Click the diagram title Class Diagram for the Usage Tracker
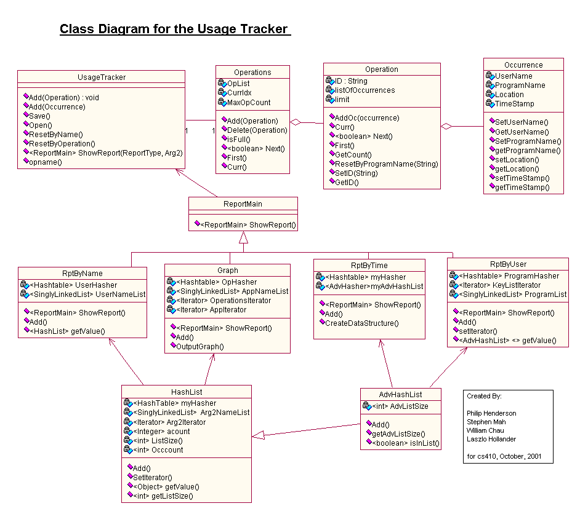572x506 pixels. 174,29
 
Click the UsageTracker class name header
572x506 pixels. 102,77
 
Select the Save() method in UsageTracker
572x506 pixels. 40,116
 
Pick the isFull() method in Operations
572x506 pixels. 240,139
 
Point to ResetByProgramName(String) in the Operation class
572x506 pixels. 386,164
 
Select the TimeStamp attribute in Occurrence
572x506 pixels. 515,104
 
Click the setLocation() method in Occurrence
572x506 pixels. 517,159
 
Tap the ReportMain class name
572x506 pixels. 243,204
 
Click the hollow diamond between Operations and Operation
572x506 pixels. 297,122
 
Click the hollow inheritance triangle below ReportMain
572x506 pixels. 243,237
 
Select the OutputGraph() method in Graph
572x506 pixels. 200,346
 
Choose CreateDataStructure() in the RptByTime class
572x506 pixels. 361,323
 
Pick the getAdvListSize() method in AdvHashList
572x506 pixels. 398,434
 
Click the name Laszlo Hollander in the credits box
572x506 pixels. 491,439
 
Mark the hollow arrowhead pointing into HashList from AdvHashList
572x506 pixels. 259,435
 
